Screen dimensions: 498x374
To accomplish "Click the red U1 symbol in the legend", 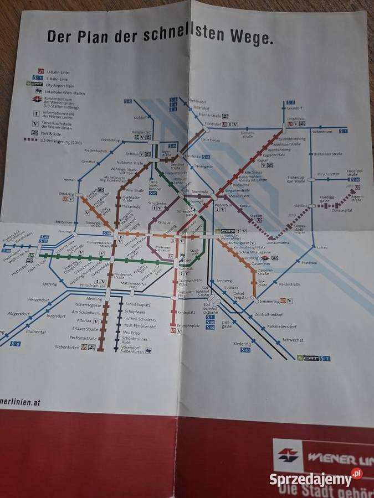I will coord(40,71).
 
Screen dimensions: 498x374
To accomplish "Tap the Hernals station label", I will coord(69,180).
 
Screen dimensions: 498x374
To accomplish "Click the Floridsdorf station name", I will coord(213,124).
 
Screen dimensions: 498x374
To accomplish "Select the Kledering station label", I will coord(242,344).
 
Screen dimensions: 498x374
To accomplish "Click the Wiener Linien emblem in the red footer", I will coord(288,455).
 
